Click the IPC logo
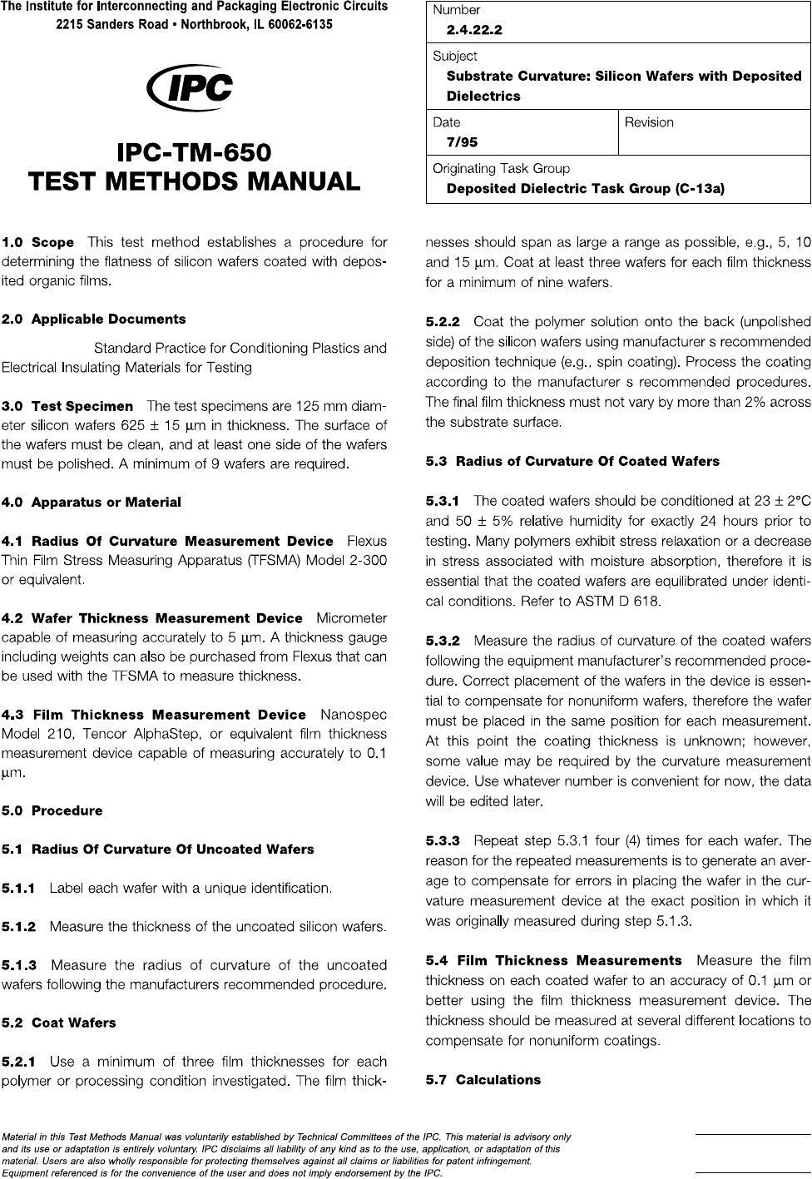point(190,89)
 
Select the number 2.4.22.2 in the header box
point(474,31)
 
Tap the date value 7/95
point(462,142)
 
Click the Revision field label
point(649,122)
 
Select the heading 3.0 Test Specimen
point(67,407)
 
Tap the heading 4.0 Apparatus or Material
point(92,503)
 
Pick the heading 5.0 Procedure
point(52,810)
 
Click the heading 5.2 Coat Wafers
point(59,1023)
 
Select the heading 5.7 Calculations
point(483,1080)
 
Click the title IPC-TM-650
point(194,154)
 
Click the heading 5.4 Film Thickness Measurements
point(553,961)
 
